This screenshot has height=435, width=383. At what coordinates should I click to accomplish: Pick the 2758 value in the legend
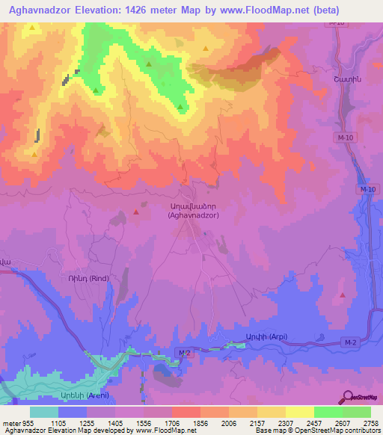pos(370,422)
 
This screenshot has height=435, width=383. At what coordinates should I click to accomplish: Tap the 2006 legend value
pos(239,422)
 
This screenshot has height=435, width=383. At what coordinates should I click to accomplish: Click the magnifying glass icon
pos(348,395)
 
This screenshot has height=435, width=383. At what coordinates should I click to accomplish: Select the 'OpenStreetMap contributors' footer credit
pos(341,431)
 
